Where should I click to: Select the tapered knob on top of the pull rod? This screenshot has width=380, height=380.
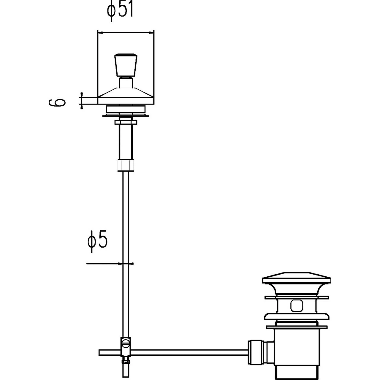point(126,65)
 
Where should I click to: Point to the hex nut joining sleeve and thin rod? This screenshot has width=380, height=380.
point(126,165)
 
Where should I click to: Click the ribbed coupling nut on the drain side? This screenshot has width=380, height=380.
point(256,352)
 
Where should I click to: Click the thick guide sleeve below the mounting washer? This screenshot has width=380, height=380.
point(126,142)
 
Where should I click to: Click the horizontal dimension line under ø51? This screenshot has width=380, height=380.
point(126,32)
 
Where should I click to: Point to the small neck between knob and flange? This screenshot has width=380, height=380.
point(126,83)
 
